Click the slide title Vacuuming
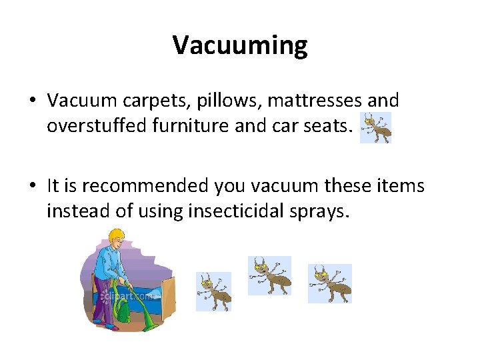click(x=240, y=45)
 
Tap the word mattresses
click(x=304, y=101)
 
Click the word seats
click(x=326, y=127)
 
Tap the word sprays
click(x=323, y=211)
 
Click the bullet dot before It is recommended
click(x=33, y=187)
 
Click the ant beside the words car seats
click(x=375, y=127)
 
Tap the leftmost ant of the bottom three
click(x=213, y=291)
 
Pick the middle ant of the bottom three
click(x=269, y=275)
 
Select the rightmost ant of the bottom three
click(x=329, y=283)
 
